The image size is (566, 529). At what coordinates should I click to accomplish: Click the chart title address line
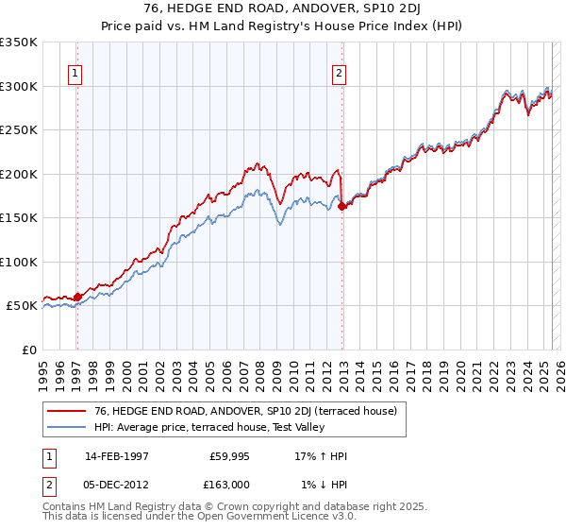(x=282, y=9)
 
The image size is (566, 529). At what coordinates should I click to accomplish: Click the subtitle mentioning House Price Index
(x=282, y=26)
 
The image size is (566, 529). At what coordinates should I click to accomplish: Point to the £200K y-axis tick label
(x=19, y=174)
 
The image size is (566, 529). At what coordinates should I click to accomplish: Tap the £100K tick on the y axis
(x=19, y=262)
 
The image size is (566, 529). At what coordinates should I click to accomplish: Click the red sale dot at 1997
(x=77, y=297)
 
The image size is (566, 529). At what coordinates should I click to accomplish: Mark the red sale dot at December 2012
(x=341, y=207)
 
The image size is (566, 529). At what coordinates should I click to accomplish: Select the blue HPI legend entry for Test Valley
(x=209, y=427)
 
